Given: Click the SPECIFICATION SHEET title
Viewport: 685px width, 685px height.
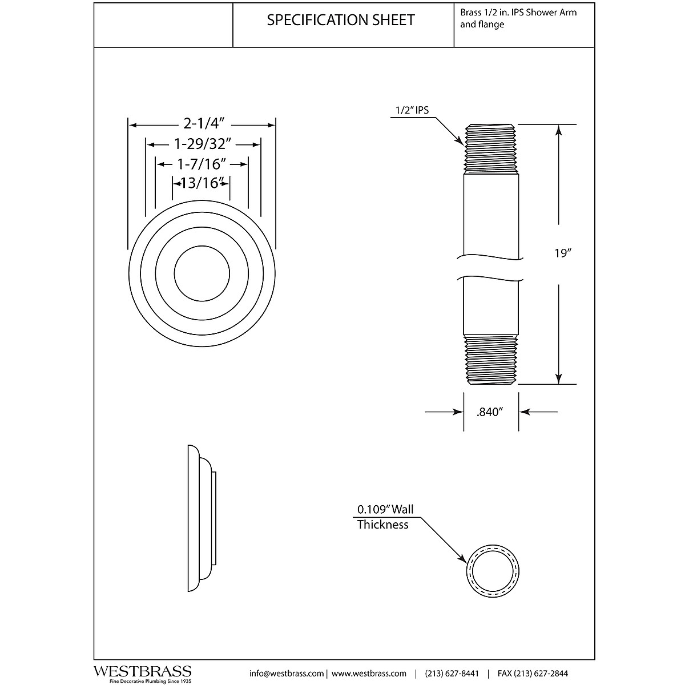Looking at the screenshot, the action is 341,21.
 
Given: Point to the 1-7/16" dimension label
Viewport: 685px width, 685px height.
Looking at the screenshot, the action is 203,164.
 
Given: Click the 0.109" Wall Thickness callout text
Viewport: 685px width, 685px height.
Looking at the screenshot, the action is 385,517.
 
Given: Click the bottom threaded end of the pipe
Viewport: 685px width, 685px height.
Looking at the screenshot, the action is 491,358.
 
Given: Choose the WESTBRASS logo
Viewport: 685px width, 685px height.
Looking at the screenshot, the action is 142,672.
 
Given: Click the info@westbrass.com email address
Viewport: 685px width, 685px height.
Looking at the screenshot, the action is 287,673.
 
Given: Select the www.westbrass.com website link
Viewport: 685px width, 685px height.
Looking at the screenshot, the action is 369,673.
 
